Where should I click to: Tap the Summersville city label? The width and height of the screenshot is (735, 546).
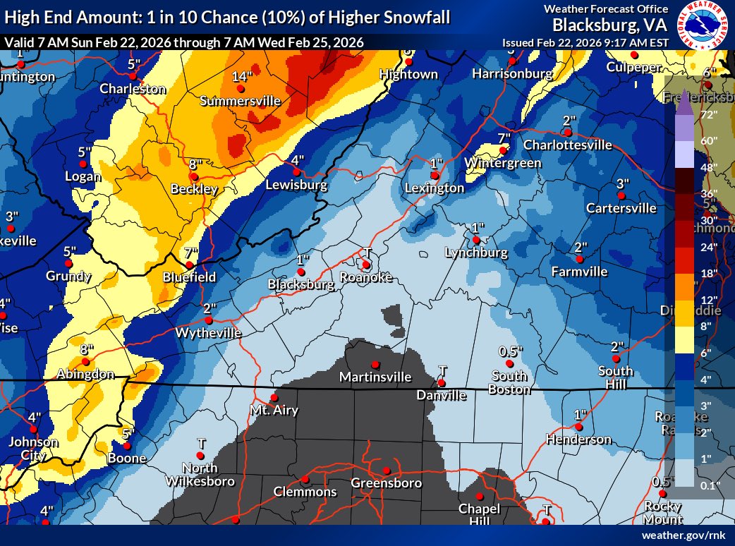click(x=240, y=102)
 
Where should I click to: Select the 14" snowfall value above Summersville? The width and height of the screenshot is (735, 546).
click(x=241, y=77)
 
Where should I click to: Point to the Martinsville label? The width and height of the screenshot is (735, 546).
click(x=375, y=377)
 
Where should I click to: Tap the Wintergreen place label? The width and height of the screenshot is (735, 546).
click(x=503, y=163)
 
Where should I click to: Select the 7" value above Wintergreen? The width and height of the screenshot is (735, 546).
click(x=503, y=138)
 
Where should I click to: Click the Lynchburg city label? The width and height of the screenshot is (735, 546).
click(x=476, y=253)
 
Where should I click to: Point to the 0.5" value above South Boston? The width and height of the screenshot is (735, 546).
click(x=510, y=351)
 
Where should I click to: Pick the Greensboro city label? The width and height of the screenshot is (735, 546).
click(x=387, y=483)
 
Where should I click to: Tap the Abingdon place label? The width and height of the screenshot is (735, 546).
click(x=86, y=375)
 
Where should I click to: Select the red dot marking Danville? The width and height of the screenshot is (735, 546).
click(x=442, y=383)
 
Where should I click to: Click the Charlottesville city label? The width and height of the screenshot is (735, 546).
click(x=567, y=145)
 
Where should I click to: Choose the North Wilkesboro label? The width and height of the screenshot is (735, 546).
click(x=201, y=475)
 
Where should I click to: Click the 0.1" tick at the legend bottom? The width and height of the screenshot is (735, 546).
click(x=708, y=485)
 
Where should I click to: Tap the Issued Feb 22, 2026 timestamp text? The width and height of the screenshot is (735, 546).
click(x=585, y=43)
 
